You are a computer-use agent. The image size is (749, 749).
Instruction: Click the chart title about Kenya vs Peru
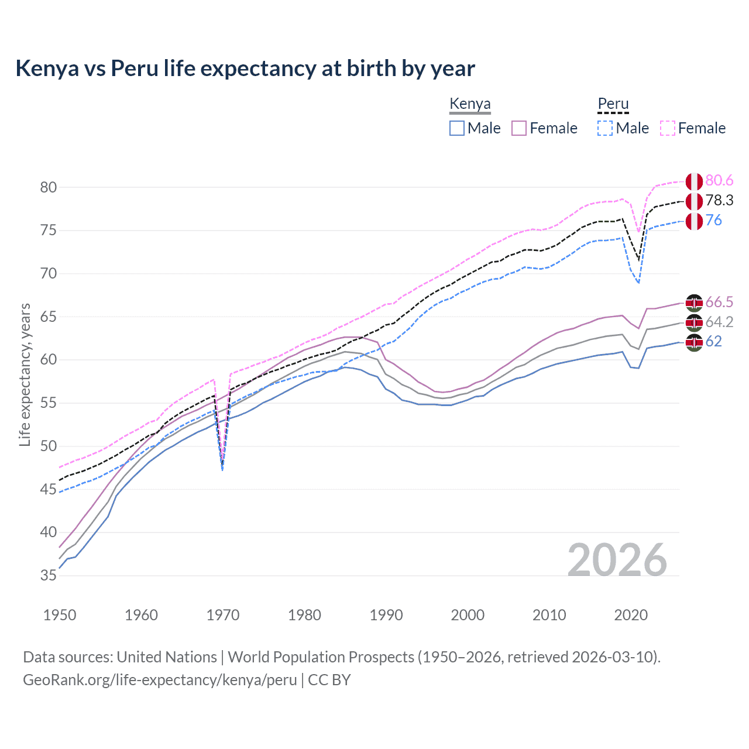pos(245,68)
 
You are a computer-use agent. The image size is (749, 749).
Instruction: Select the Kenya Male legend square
pos(457,128)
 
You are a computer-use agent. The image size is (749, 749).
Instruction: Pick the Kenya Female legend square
pos(519,128)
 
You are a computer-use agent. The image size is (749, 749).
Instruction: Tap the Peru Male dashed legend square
pos(605,128)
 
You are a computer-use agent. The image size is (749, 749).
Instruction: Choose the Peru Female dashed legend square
pos(668,128)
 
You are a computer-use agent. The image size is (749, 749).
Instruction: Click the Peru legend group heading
pos(613,104)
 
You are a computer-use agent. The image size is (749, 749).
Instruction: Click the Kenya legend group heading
pos(470,104)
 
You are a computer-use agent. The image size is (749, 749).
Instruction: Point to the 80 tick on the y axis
pos(49,187)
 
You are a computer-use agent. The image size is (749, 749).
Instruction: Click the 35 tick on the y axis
pos(49,575)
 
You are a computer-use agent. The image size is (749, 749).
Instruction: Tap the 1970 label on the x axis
pos(222,615)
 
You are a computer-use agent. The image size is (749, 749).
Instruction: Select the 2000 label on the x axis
pos(468,615)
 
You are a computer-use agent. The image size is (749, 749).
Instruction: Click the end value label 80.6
pos(719,180)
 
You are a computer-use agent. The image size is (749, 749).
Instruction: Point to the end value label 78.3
pos(719,200)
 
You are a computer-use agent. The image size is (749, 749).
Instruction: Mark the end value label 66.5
pos(719,302)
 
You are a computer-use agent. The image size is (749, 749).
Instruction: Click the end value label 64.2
pos(719,322)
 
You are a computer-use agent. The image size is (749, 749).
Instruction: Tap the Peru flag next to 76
pos(694,221)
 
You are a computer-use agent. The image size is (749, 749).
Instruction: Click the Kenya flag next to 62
pos(694,342)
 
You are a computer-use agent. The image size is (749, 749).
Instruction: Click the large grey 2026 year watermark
pos(617,560)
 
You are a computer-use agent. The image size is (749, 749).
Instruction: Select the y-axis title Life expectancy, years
pos(25,374)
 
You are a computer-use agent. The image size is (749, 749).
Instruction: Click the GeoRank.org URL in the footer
pos(160,680)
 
